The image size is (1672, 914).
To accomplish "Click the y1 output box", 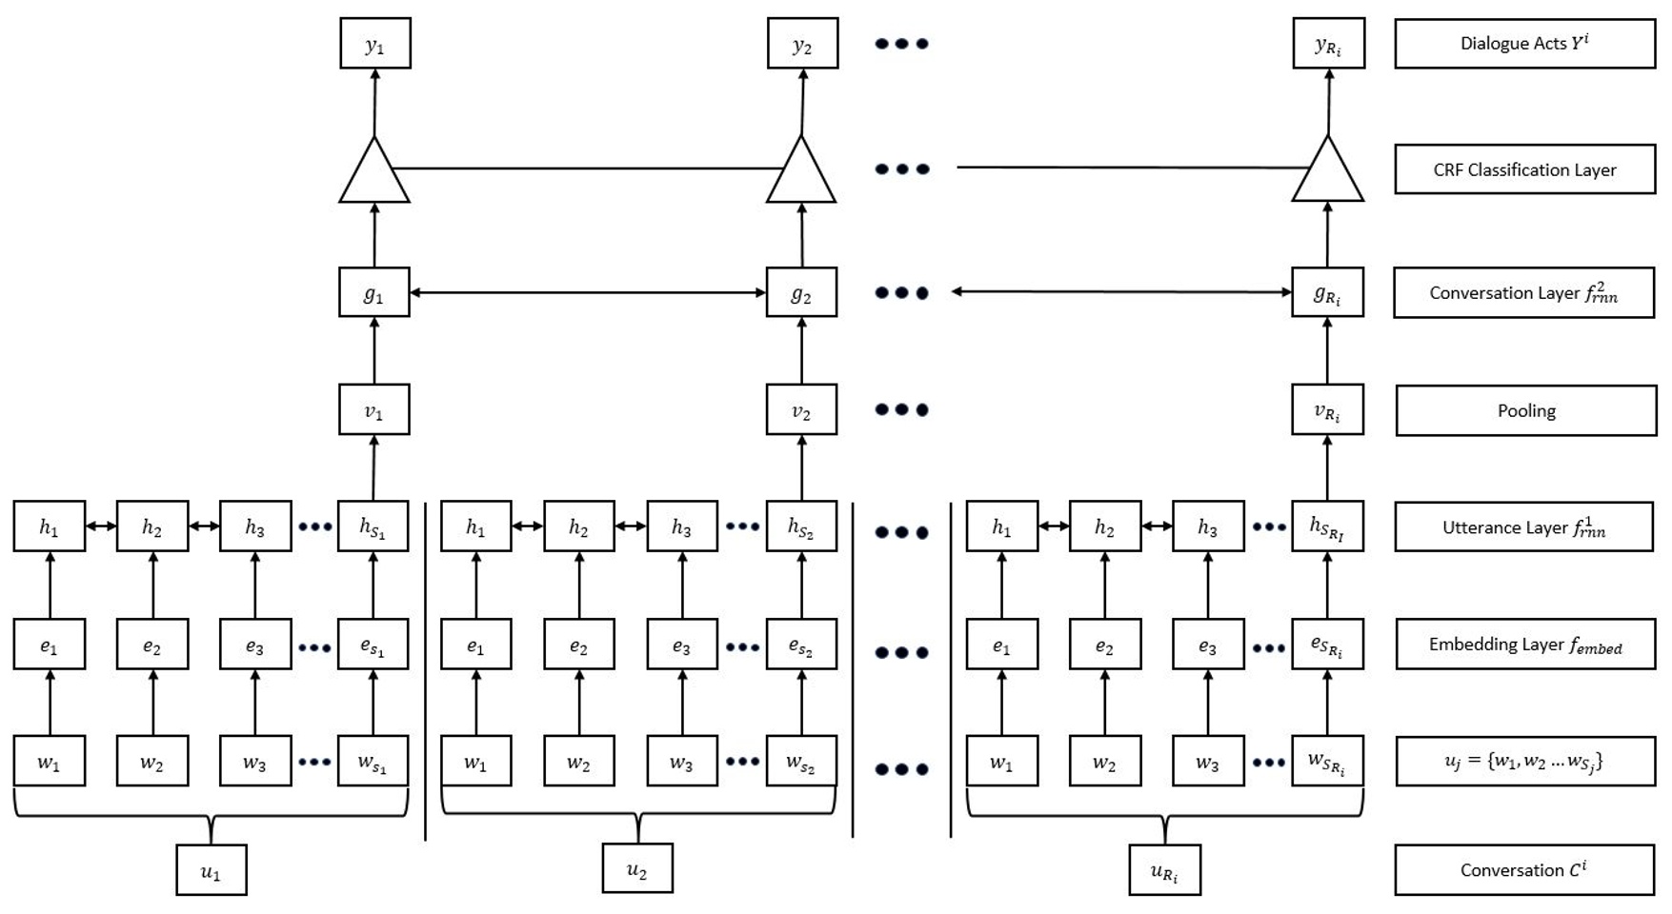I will click(x=375, y=44).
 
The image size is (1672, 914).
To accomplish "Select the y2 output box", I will click(x=802, y=44).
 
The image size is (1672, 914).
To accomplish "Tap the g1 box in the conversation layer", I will click(x=374, y=292).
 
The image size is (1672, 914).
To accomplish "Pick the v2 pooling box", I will click(x=801, y=409).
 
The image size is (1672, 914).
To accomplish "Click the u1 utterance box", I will click(x=212, y=869).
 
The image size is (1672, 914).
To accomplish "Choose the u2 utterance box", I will click(x=637, y=868).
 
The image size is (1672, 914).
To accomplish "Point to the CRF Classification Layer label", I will click(x=1524, y=169).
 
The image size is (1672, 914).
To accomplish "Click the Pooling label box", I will click(x=1525, y=410).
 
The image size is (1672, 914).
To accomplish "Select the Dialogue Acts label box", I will click(x=1524, y=44).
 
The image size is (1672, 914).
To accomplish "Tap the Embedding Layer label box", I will click(x=1524, y=645).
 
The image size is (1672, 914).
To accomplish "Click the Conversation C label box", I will click(x=1524, y=869).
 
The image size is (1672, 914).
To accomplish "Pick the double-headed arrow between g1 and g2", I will click(x=588, y=292).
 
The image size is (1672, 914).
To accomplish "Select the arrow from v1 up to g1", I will click(x=374, y=350).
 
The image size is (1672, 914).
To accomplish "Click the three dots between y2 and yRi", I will click(x=901, y=44).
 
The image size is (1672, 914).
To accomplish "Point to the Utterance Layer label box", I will click(x=1524, y=527).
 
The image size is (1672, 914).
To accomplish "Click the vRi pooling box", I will click(x=1327, y=409).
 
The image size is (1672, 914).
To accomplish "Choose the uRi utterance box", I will click(x=1164, y=870).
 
